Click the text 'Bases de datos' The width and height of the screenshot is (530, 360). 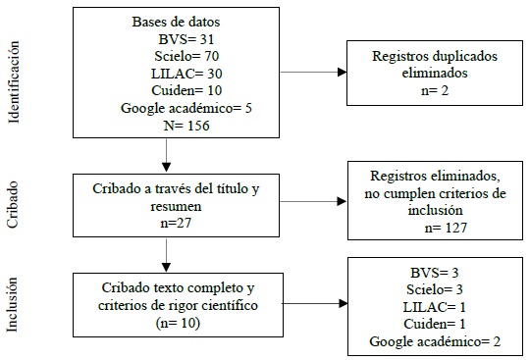click(x=164, y=22)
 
